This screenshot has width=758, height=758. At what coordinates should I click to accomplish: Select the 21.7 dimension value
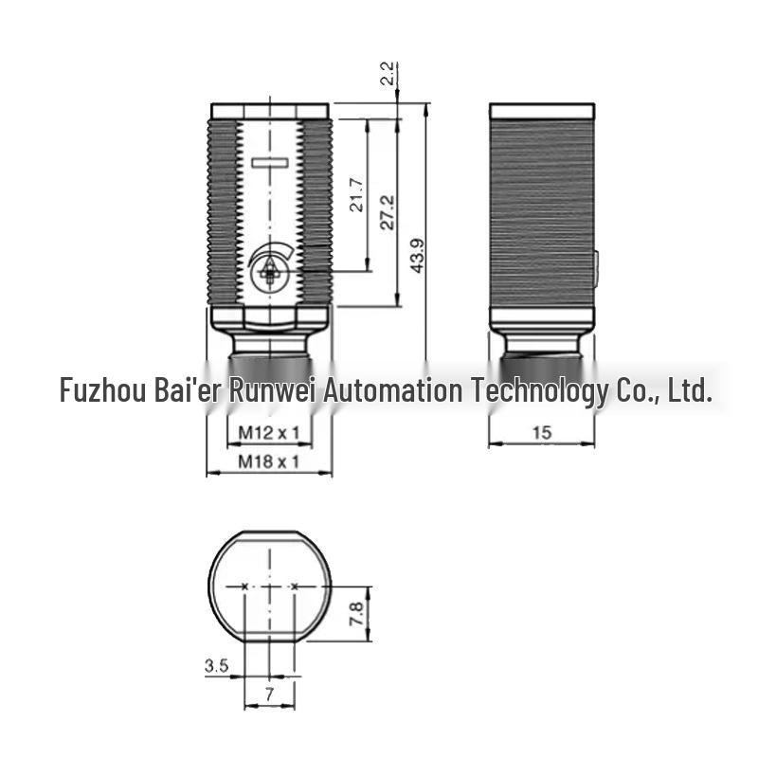pyautogui.click(x=356, y=195)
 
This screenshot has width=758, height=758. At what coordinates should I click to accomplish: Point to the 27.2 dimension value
pyautogui.click(x=387, y=212)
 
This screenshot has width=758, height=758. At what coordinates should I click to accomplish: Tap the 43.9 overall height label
pyautogui.click(x=417, y=256)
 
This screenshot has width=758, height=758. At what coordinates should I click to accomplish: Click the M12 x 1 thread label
pyautogui.click(x=269, y=433)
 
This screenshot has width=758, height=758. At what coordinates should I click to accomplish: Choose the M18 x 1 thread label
pyautogui.click(x=269, y=461)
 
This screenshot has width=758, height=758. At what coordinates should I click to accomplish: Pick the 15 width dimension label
pyautogui.click(x=541, y=433)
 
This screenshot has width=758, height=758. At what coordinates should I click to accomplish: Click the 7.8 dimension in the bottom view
pyautogui.click(x=357, y=613)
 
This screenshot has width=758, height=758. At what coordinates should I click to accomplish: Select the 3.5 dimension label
pyautogui.click(x=216, y=666)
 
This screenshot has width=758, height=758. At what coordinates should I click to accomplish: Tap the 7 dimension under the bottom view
pyautogui.click(x=269, y=695)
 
